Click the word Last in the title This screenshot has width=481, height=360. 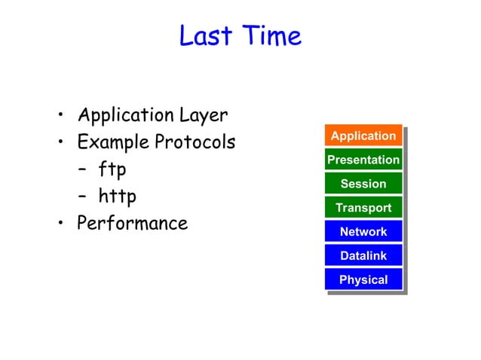click(205, 36)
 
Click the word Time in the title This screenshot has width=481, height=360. click(271, 36)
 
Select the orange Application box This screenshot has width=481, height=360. click(363, 136)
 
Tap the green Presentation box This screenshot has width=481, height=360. click(363, 160)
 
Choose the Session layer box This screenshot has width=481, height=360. click(363, 184)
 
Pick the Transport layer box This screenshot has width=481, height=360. click(363, 208)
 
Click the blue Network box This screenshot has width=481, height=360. click(363, 232)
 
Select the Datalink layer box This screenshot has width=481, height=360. click(363, 256)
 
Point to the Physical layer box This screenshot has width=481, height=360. click(363, 280)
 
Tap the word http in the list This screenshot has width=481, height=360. click(118, 197)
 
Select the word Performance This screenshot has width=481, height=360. click(133, 224)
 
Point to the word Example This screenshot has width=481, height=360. click(114, 142)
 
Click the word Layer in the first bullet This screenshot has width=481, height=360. click(204, 116)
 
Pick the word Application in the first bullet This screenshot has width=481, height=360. click(126, 116)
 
